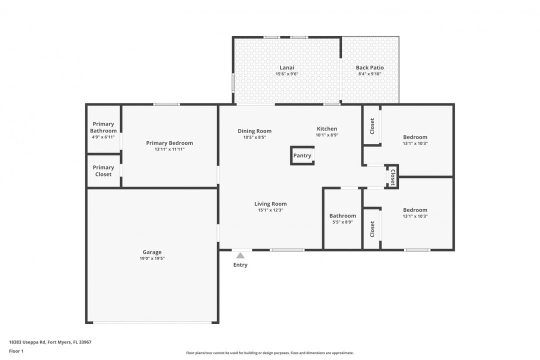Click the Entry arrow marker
tap(240, 255)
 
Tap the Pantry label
tap(302, 155)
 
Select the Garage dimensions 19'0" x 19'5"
tap(152, 258)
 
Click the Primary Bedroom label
tap(169, 143)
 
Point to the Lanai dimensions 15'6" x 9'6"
tap(286, 74)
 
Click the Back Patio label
tap(369, 67)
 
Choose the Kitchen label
tap(326, 128)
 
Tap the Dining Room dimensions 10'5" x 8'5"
tap(254, 137)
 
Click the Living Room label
tap(270, 203)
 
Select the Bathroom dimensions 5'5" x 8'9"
tap(342, 222)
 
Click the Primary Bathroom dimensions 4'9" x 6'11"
tap(103, 137)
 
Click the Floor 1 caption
tap(16, 351)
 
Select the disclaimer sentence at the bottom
tap(269, 352)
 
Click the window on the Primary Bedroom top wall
tap(166, 104)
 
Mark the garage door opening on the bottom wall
tap(152, 322)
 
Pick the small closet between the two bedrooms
tap(392, 177)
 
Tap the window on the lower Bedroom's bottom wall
tap(417, 249)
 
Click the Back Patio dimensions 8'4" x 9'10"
tap(369, 74)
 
